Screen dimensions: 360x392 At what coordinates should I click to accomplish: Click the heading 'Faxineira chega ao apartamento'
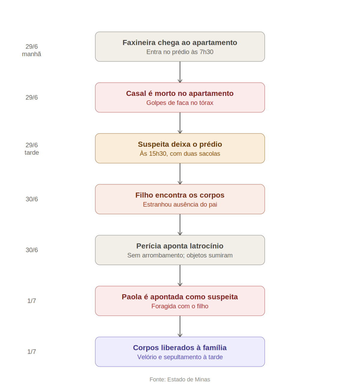pos(180,43)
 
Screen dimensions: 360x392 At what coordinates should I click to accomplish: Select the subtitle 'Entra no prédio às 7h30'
pos(180,52)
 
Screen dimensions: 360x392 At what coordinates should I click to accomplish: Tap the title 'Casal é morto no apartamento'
pos(180,93)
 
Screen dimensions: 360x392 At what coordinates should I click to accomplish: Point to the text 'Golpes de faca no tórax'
pos(180,103)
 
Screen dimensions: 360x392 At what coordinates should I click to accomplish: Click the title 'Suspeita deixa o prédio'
pos(180,144)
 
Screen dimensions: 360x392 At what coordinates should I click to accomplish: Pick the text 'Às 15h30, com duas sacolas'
pos(180,154)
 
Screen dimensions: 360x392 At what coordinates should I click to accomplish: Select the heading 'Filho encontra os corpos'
pos(180,195)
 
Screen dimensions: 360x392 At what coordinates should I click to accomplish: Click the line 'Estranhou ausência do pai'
pos(180,204)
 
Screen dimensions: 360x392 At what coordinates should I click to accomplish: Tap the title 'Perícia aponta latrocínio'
pos(180,246)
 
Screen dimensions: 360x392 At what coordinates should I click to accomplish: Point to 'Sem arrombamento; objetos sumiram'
pos(180,255)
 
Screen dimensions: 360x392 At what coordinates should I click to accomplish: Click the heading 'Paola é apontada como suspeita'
pos(180,297)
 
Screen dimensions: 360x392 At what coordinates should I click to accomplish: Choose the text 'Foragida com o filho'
pos(180,306)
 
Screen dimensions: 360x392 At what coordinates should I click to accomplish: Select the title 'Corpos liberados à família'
pos(180,348)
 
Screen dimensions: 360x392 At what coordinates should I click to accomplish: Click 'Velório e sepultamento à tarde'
pos(180,357)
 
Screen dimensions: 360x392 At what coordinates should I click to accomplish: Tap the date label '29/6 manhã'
pos(32,50)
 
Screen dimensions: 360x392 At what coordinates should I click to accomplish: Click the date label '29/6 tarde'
pos(32,149)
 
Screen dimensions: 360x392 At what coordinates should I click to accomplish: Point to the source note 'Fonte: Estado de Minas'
pos(180,379)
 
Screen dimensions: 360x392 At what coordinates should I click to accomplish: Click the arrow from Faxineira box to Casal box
pos(180,72)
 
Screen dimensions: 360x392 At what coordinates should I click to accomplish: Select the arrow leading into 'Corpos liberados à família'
pos(180,326)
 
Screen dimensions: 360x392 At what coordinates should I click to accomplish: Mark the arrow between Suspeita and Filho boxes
pos(180,174)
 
